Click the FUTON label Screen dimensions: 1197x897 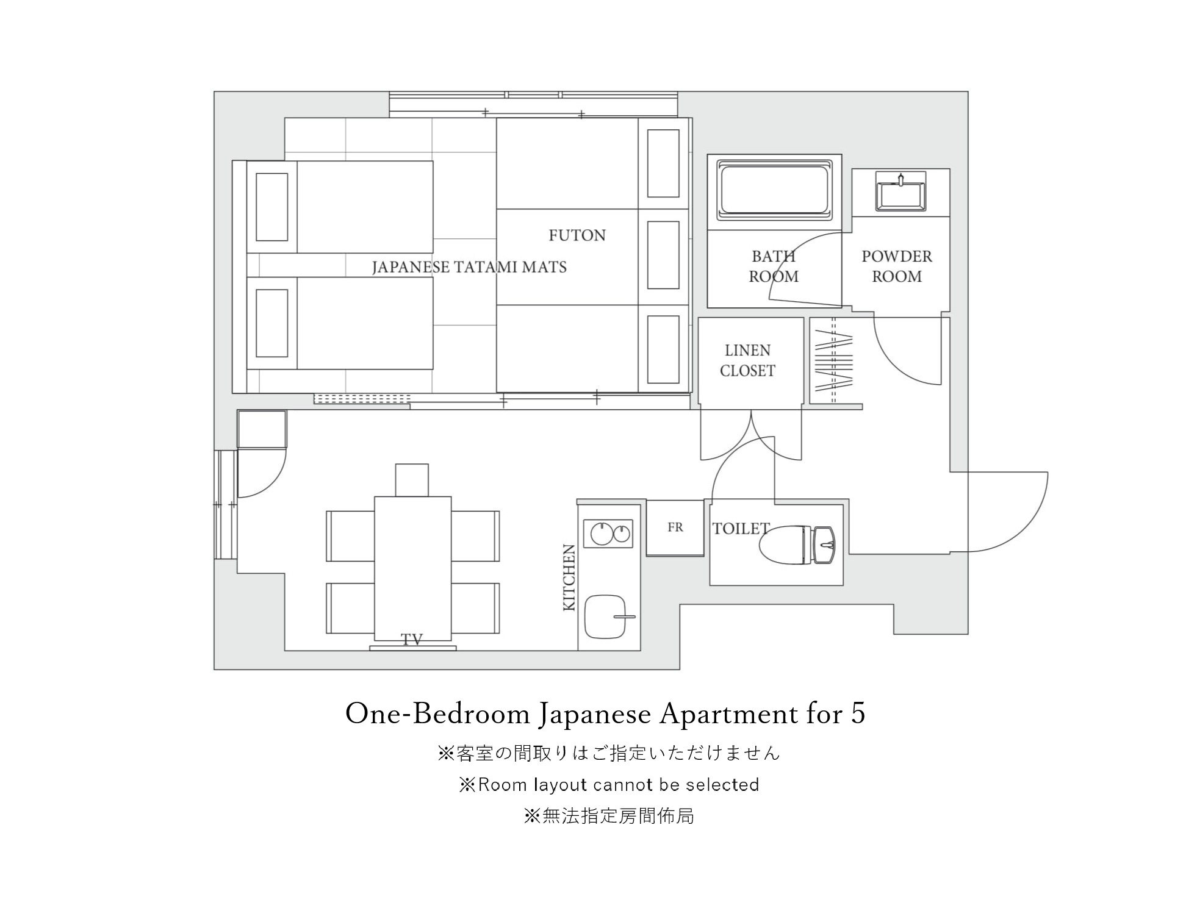577,235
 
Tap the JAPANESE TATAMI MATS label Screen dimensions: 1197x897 469,267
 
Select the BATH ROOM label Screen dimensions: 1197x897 774,266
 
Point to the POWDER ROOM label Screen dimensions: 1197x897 897,266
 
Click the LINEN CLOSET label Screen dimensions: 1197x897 747,360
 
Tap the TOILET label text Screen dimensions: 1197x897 741,529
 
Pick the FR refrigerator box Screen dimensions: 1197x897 675,527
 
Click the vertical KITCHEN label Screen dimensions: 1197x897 569,577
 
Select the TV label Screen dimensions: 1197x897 412,640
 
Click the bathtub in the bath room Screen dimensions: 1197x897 774,190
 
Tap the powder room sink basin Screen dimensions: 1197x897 900,193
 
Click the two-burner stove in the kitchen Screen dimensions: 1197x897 608,534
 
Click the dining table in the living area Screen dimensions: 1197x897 413,568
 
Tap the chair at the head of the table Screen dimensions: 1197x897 412,480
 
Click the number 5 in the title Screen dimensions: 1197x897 858,714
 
